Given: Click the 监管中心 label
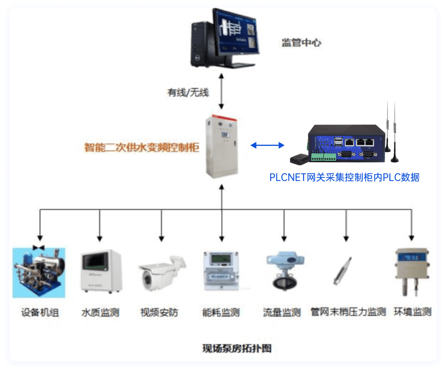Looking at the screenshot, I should pyautogui.click(x=301, y=42).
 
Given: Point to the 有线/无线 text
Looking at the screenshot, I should pyautogui.click(x=188, y=92).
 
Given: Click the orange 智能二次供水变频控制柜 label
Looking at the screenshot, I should pyautogui.click(x=142, y=148).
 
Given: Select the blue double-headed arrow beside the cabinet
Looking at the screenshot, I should pyautogui.click(x=267, y=145).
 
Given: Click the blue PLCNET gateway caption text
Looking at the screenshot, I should pyautogui.click(x=344, y=177).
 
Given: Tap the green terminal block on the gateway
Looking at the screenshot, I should pyautogui.click(x=323, y=157).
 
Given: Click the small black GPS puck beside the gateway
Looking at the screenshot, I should pyautogui.click(x=300, y=158).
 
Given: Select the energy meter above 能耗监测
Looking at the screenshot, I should pyautogui.click(x=221, y=271).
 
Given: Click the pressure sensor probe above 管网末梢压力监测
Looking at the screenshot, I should pyautogui.click(x=343, y=271).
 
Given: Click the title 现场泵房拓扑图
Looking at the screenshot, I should pyautogui.click(x=237, y=348).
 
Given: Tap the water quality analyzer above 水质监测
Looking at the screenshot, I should pyautogui.click(x=101, y=271).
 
